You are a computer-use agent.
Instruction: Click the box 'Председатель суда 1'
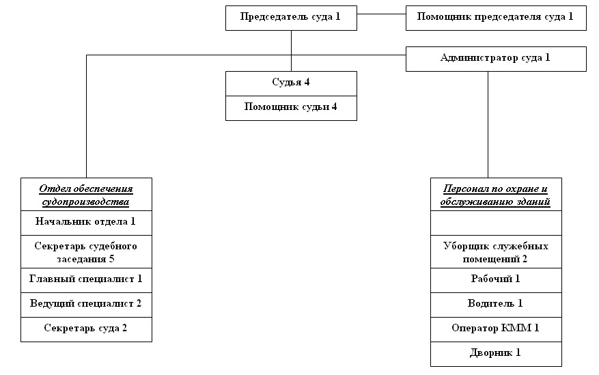click(291, 18)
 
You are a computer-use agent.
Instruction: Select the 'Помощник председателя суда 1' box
click(496, 18)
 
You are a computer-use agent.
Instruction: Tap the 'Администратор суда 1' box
click(496, 59)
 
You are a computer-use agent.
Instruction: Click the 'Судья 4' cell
click(291, 83)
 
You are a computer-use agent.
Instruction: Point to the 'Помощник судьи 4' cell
click(291, 108)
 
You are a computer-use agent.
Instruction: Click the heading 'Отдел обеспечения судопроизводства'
click(86, 195)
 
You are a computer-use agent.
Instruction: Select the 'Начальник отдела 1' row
click(86, 223)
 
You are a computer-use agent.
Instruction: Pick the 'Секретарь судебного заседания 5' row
click(86, 251)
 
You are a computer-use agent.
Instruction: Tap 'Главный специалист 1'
click(86, 280)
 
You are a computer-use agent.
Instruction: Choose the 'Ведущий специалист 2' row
click(86, 305)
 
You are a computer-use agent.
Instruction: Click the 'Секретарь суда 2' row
click(86, 329)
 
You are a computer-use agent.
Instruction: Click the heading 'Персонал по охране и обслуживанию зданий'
click(496, 195)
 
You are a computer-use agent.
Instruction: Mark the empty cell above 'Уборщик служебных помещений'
click(496, 223)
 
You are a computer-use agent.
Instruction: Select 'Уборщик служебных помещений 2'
click(496, 251)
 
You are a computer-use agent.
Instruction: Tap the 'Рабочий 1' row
click(496, 280)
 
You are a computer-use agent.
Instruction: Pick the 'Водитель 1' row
click(496, 305)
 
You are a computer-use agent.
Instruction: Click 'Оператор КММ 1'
click(496, 329)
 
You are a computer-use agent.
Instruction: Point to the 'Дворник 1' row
click(496, 354)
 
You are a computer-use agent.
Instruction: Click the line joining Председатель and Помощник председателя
click(381, 14)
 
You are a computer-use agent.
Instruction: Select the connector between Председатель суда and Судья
click(291, 51)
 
